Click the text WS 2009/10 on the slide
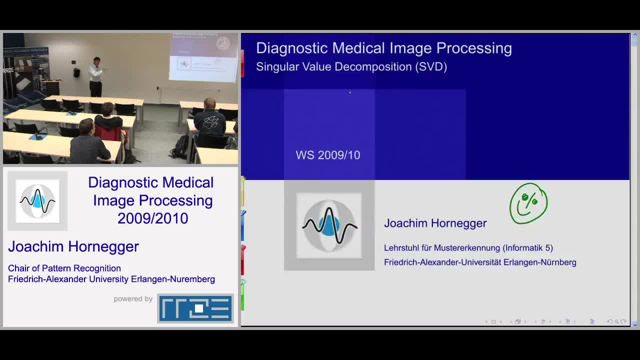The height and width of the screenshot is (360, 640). (x=328, y=155)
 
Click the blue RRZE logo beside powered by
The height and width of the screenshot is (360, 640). (x=195, y=308)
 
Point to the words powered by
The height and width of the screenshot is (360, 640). (x=133, y=299)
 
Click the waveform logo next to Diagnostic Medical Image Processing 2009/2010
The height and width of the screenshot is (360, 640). (x=37, y=201)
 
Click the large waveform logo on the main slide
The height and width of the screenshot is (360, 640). (x=329, y=225)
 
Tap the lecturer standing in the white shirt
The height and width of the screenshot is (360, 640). (x=96, y=77)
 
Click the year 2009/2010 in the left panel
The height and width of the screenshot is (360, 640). (x=153, y=218)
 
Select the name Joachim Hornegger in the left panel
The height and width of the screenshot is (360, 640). (x=73, y=246)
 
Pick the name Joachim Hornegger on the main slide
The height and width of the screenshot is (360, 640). (x=435, y=223)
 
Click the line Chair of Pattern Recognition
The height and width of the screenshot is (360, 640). (x=64, y=268)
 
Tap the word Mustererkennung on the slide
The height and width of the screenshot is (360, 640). (x=467, y=247)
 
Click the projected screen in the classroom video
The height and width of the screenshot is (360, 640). (x=203, y=57)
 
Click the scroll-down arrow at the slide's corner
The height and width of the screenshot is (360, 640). (x=635, y=324)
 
